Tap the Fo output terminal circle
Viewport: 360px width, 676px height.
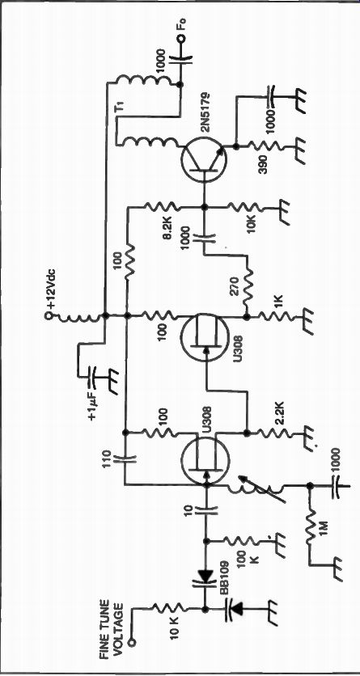tap(180, 40)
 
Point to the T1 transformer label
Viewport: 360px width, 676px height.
tap(121, 107)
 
